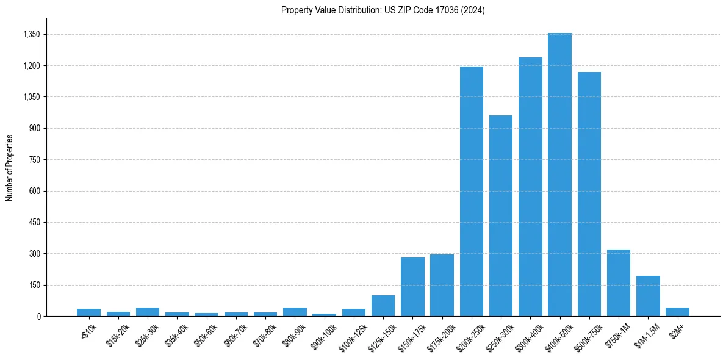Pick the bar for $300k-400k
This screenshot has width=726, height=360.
[x=530, y=187]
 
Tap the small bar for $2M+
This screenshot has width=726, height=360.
[x=677, y=312]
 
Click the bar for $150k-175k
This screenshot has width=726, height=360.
[x=412, y=287]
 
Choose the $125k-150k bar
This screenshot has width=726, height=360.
[x=383, y=306]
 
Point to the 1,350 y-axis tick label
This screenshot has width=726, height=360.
[x=31, y=35]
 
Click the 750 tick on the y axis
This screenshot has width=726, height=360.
[x=34, y=160]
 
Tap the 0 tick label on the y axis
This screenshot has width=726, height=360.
[x=38, y=316]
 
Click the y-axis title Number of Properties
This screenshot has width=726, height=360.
[x=10, y=167]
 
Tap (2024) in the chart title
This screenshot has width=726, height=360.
[x=473, y=10]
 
